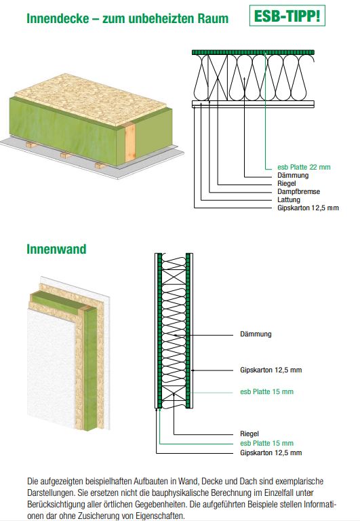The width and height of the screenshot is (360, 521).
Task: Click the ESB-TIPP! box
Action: coord(287,16)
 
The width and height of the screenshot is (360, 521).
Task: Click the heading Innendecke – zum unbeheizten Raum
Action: coord(127,18)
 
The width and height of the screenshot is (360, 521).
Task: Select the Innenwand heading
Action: coord(56,249)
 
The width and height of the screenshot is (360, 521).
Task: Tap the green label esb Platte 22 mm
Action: coord(304,167)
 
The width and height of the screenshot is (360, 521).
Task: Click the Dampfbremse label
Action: coord(299,192)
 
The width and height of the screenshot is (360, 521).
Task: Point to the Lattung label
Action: coord(289,199)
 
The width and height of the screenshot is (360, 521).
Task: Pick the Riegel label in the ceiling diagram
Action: coord(287,183)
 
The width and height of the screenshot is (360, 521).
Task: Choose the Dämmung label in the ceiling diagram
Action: coord(293,175)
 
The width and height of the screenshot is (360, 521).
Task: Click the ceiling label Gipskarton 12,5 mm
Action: coord(308,208)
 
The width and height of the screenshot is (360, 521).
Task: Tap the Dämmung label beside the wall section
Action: coord(256,334)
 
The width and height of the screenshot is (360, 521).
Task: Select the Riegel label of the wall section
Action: coord(249,433)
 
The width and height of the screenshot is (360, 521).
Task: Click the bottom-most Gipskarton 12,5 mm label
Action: coord(271,452)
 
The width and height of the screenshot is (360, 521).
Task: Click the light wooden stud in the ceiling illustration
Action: coord(130,143)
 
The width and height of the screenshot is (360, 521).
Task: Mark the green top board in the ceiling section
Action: coord(253,52)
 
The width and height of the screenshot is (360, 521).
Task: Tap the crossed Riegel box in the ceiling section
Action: coord(218,78)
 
